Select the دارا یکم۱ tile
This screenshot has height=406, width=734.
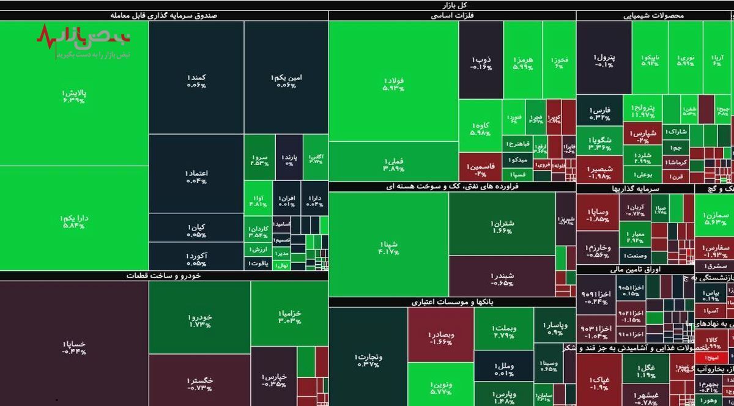point(73,221)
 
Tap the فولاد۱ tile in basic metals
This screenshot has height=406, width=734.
point(393,84)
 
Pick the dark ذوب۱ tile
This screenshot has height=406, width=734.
point(481,61)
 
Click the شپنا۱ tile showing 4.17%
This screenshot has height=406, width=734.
point(388,245)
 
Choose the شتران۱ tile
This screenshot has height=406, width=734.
point(502,226)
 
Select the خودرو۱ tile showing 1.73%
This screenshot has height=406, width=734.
point(199,320)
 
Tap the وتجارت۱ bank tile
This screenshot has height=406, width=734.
point(367,360)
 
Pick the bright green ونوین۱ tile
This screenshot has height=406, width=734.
point(440,386)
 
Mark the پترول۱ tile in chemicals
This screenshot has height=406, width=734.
point(604,60)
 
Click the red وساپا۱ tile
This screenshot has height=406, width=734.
point(597,215)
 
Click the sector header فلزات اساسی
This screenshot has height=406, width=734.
point(452,16)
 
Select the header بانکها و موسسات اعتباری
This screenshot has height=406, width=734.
point(452,302)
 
